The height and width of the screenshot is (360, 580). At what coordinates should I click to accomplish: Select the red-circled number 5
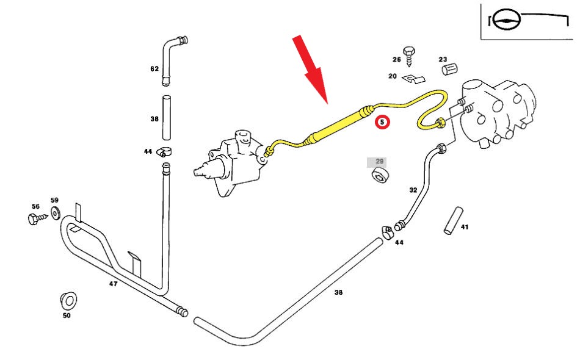coord(382,122)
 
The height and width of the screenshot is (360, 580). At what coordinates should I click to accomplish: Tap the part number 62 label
coord(154,69)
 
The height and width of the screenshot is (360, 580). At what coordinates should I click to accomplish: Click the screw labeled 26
coord(409,57)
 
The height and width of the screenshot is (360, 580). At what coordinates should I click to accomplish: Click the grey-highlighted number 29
coord(379,162)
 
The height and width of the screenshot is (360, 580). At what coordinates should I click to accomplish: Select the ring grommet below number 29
coord(382,178)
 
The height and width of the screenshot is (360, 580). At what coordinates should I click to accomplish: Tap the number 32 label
coord(413,190)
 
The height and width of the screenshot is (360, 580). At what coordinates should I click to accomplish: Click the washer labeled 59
coord(55,212)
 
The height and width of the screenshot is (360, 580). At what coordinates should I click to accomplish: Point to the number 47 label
coord(113,284)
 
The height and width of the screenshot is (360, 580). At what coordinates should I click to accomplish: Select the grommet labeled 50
coord(67,301)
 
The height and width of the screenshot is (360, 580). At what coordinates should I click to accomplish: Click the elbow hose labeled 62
coord(171,52)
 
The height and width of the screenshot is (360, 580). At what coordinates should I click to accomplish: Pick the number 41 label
coord(465,227)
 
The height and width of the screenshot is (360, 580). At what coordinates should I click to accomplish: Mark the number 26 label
coord(396,60)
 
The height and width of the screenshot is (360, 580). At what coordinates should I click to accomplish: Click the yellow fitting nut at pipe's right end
coord(440,126)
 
